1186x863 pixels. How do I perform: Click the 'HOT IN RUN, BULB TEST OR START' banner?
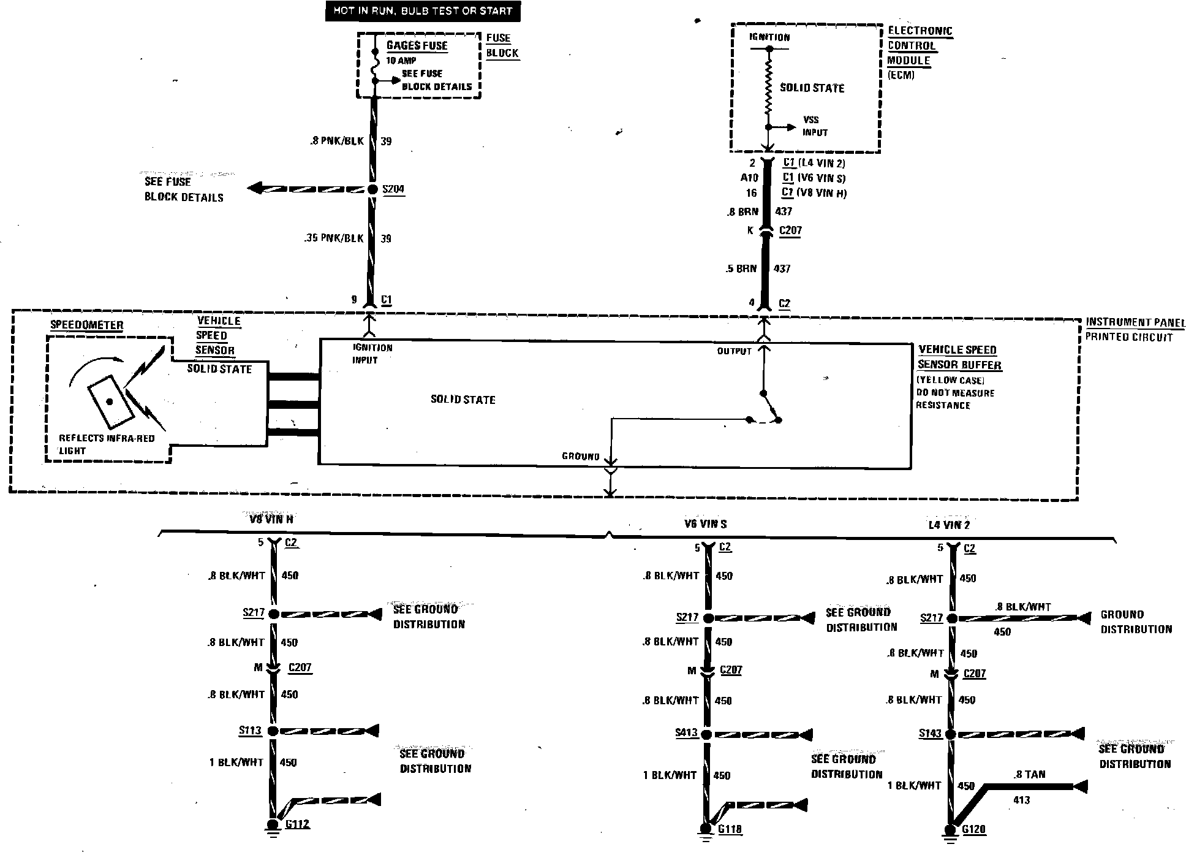(423, 11)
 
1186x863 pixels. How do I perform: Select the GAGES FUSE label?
(417, 46)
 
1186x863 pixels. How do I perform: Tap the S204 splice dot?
(372, 189)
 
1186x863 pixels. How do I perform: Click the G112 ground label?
(298, 824)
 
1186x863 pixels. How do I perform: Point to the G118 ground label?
(730, 829)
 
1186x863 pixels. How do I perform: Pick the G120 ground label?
(973, 830)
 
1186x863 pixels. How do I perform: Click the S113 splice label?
(250, 731)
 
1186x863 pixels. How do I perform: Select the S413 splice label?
(686, 732)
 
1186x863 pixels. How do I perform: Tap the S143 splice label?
(930, 733)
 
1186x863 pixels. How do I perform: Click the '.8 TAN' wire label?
(1029, 775)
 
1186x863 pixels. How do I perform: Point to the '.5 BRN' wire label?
(741, 268)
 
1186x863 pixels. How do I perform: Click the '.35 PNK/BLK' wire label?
(334, 238)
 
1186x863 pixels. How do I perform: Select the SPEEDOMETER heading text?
(86, 325)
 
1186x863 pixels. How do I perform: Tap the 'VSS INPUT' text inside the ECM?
(815, 126)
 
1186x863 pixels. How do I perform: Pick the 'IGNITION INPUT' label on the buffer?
(372, 354)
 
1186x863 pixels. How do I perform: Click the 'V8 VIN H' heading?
(271, 519)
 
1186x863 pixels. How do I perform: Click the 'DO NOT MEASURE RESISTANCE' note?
(954, 399)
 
